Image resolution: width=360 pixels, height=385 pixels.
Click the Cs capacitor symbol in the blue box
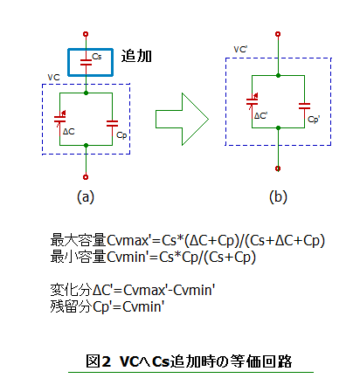click(86, 62)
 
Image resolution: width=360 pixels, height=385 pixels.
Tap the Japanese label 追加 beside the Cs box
click(136, 56)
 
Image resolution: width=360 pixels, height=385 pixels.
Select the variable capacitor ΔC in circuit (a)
click(60, 119)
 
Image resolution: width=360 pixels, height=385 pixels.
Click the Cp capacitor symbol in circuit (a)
click(112, 124)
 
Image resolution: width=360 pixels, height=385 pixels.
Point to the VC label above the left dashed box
click(53, 78)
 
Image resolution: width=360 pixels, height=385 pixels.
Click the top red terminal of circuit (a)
click(86, 34)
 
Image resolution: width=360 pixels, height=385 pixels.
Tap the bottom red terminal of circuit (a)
click(86, 177)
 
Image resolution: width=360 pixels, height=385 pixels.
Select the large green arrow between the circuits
click(182, 119)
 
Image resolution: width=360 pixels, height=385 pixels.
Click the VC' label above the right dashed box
click(240, 50)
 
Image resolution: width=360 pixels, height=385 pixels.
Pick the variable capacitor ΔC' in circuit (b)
click(253, 102)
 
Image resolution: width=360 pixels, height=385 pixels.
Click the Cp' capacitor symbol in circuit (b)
click(304, 107)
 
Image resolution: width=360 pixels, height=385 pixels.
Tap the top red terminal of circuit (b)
click(278, 34)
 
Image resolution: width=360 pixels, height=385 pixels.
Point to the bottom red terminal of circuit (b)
click(278, 168)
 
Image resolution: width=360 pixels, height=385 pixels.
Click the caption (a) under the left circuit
click(86, 197)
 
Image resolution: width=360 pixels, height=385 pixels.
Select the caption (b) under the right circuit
click(278, 197)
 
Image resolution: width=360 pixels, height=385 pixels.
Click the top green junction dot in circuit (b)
click(278, 75)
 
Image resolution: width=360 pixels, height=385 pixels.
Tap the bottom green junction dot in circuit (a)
click(86, 145)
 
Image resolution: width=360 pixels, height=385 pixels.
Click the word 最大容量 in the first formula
click(78, 240)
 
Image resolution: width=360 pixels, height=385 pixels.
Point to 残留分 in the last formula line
click(72, 306)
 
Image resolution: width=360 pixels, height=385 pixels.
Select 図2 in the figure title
click(99, 361)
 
